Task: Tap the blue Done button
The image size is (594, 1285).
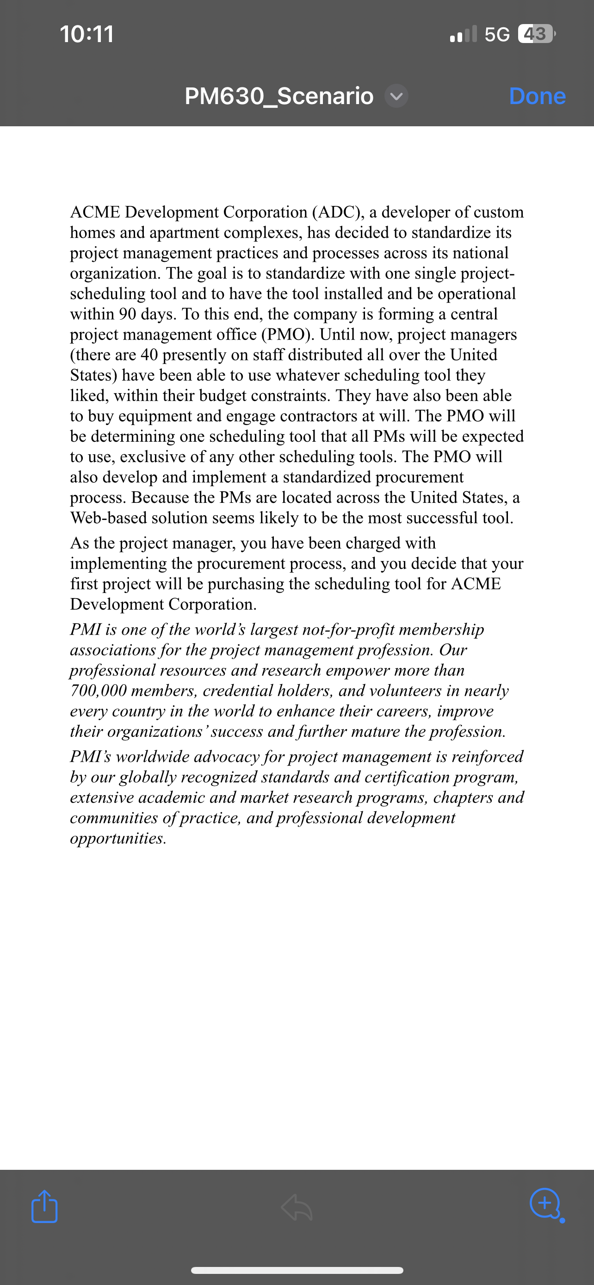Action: [537, 96]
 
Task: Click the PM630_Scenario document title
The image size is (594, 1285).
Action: [279, 96]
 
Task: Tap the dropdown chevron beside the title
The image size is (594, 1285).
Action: [396, 96]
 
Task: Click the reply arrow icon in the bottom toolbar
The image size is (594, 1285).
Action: [297, 1207]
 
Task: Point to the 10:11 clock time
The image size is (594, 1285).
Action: [87, 34]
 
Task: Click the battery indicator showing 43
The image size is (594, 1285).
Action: [536, 34]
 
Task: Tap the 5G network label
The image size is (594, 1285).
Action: [497, 34]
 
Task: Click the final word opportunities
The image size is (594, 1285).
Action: [118, 839]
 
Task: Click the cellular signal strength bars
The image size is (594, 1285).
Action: [463, 34]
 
